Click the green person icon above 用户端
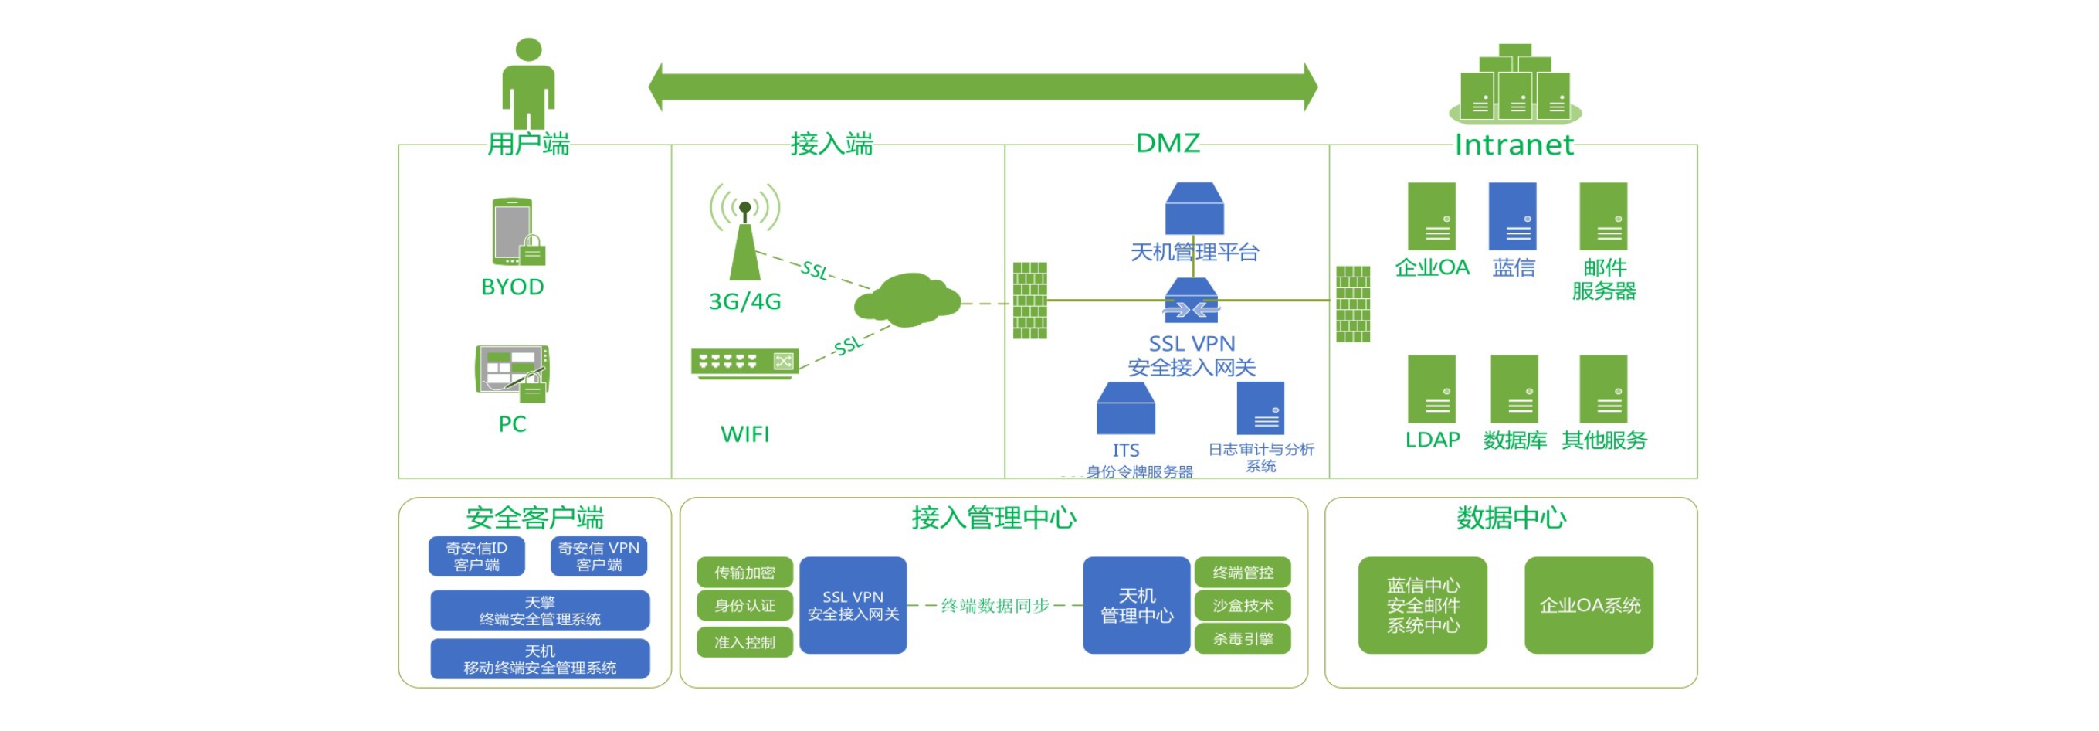tap(528, 83)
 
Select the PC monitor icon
tap(513, 372)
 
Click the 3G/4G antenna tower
tap(744, 240)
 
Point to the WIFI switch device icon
tap(744, 361)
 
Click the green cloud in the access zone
tap(907, 300)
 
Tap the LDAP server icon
tap(1431, 389)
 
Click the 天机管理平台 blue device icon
tap(1194, 209)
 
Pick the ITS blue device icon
tap(1125, 408)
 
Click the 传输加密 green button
tap(744, 572)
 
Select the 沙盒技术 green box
tap(1242, 606)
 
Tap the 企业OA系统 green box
tap(1588, 605)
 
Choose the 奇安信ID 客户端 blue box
tap(476, 556)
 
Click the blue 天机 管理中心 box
tap(1136, 605)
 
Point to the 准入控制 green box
tap(744, 642)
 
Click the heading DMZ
tap(1167, 144)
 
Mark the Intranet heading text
tap(1513, 144)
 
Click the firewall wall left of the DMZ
tap(1029, 300)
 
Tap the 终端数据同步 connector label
tap(994, 606)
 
